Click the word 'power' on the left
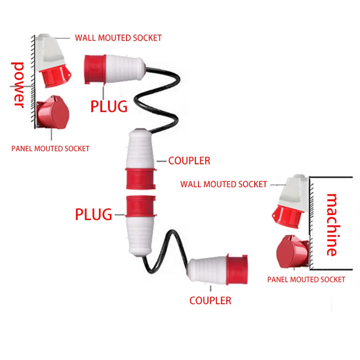(x=18, y=85)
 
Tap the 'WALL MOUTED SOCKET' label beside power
(x=118, y=38)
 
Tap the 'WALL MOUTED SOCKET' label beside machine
(x=224, y=184)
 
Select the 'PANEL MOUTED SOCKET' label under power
(x=50, y=148)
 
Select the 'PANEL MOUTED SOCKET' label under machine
(x=306, y=279)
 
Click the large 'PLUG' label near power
(x=109, y=106)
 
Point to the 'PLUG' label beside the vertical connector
(x=94, y=214)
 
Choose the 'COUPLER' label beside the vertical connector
(x=189, y=161)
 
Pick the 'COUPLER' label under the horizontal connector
(x=210, y=301)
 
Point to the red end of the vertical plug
(x=141, y=205)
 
